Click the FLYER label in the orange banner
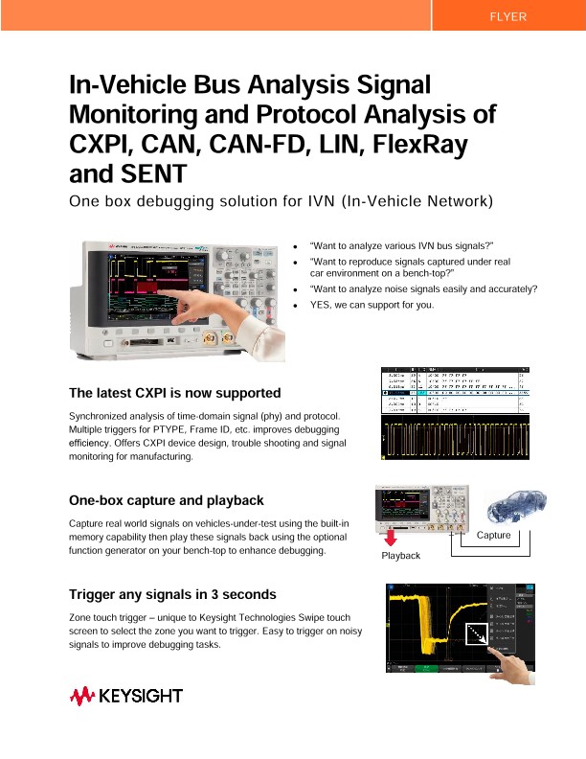point(507,17)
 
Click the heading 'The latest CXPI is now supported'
point(175,393)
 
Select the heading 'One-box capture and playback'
point(166,500)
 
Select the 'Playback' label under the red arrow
point(401,556)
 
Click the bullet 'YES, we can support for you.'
point(372,306)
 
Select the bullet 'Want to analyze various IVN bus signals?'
point(401,247)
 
